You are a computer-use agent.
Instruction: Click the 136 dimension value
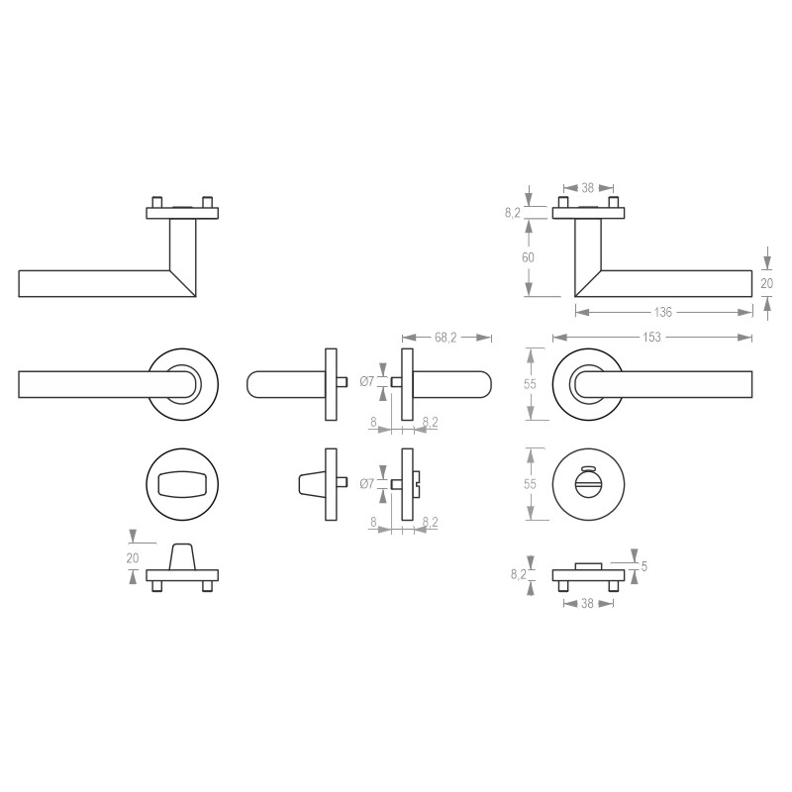pyautogui.click(x=662, y=312)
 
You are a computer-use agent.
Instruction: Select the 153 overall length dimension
pyautogui.click(x=651, y=337)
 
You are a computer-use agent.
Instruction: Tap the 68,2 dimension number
pyautogui.click(x=445, y=337)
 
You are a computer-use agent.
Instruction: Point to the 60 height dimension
pyautogui.click(x=528, y=257)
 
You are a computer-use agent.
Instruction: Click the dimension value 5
pyautogui.click(x=644, y=566)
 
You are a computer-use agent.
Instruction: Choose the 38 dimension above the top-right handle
pyautogui.click(x=587, y=188)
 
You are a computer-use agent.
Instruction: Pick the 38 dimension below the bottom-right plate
pyautogui.click(x=587, y=603)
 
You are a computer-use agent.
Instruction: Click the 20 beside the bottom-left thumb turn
pyautogui.click(x=133, y=558)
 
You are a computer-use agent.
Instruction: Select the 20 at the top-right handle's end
pyautogui.click(x=766, y=283)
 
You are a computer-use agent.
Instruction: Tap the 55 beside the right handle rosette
pyautogui.click(x=530, y=384)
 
